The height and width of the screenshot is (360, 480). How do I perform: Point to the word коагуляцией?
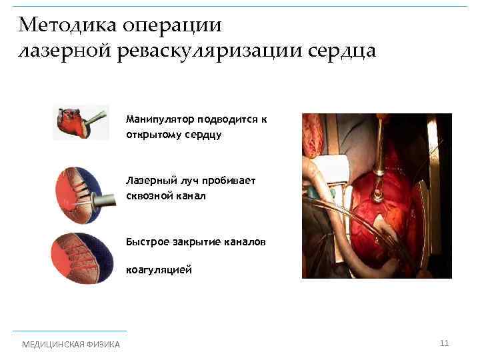159,270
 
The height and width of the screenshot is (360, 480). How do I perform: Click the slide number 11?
445,343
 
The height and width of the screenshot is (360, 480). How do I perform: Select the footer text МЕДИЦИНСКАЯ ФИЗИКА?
71,345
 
